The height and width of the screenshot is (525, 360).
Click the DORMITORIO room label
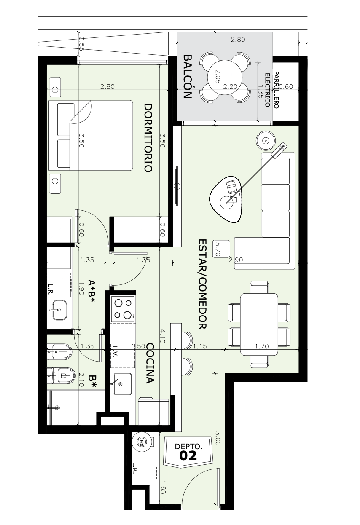[148, 138]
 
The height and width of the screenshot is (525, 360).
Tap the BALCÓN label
[188, 77]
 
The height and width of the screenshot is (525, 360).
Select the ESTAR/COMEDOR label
[202, 284]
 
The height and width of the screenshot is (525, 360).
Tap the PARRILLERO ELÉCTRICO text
[272, 90]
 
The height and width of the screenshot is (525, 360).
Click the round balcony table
[225, 78]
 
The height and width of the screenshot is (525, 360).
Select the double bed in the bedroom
[91, 135]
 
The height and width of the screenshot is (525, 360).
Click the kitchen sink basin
[122, 384]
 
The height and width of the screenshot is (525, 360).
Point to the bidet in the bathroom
[59, 351]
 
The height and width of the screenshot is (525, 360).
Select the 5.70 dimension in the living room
[218, 249]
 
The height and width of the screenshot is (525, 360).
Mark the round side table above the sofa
[266, 141]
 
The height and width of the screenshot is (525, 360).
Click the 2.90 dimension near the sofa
[236, 260]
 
